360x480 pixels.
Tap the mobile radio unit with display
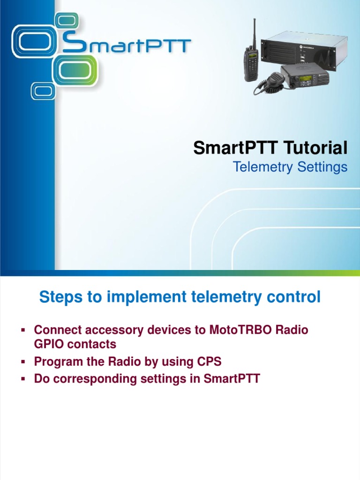[305, 76]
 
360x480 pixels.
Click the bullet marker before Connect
[22, 330]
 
